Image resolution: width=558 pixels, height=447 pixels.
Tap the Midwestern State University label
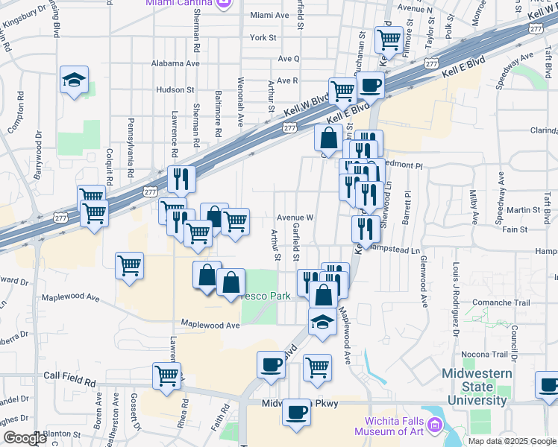point(477,387)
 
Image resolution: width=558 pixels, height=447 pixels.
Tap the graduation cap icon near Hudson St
point(75,80)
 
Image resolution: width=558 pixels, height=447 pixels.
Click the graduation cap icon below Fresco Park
point(322,321)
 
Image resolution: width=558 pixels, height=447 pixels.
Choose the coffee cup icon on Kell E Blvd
point(372,85)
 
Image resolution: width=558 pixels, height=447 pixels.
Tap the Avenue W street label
point(295,218)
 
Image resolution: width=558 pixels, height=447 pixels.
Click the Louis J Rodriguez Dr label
point(455,294)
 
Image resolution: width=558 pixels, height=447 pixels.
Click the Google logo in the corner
point(24,438)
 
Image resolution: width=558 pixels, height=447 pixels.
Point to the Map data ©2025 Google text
point(511,441)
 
